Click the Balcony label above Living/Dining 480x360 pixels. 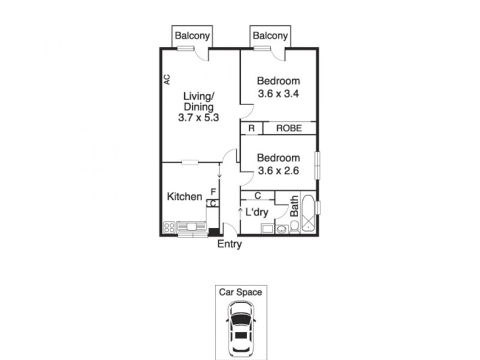click(x=193, y=36)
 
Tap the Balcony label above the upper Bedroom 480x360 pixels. click(x=270, y=36)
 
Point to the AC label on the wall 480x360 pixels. click(x=167, y=79)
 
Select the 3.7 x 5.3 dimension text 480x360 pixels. click(x=198, y=118)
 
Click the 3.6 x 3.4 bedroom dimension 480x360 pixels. click(x=278, y=94)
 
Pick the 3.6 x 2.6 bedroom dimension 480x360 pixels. click(x=278, y=170)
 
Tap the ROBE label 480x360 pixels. click(x=288, y=128)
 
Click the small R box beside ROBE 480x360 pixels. click(x=251, y=128)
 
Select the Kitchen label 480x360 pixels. click(x=184, y=197)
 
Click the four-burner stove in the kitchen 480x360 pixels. click(x=169, y=227)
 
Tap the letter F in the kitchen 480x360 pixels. click(x=212, y=192)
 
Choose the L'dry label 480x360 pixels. click(x=257, y=212)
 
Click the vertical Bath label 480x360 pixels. click(x=295, y=206)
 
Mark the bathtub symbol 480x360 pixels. click(x=308, y=213)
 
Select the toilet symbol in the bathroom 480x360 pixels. click(x=295, y=227)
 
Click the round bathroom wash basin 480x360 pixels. click(x=282, y=228)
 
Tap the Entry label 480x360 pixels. click(x=229, y=244)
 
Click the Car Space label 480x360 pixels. click(x=239, y=293)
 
